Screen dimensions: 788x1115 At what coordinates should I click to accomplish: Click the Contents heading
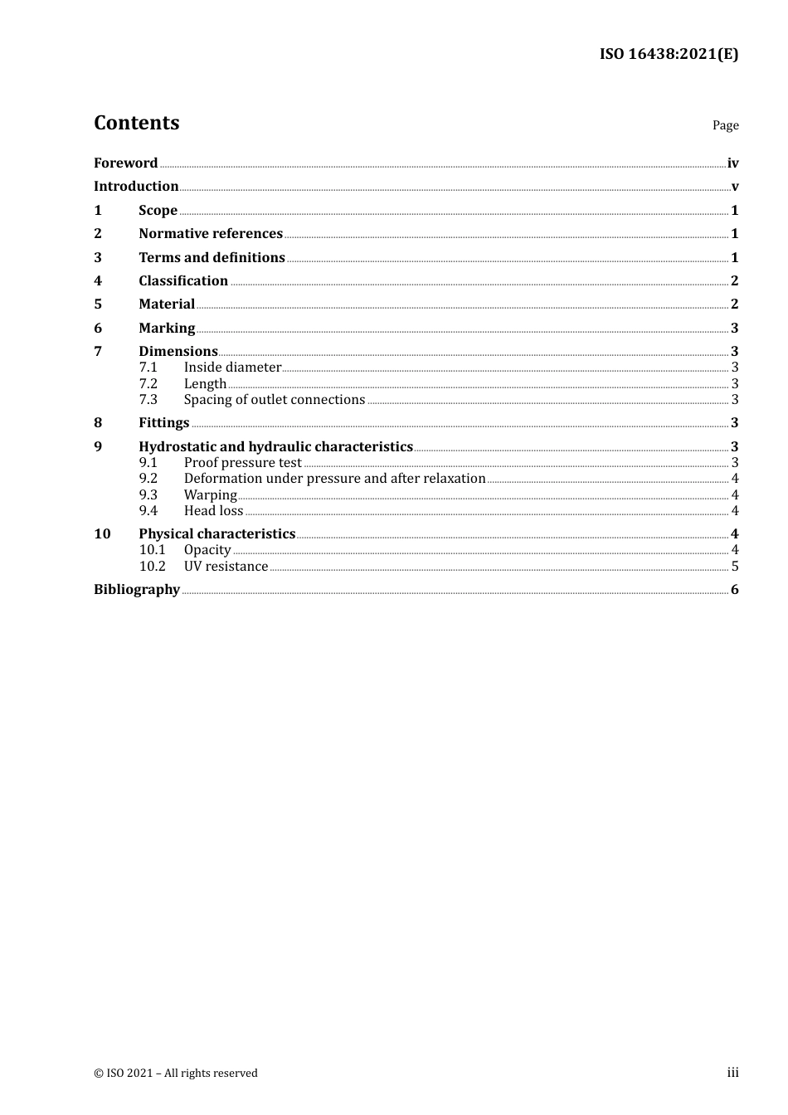(136, 123)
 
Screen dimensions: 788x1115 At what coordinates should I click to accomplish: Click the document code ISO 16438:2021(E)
(669, 55)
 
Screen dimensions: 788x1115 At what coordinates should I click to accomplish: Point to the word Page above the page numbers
(725, 125)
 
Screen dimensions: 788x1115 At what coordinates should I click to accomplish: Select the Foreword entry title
(125, 163)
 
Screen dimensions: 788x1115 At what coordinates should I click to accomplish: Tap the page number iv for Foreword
(732, 163)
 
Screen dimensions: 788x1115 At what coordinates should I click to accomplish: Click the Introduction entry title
(136, 187)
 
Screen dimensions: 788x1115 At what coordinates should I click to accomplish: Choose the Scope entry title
(158, 211)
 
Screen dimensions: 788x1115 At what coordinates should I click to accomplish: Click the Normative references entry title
(211, 234)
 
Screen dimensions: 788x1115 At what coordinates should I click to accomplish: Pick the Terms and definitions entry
(212, 258)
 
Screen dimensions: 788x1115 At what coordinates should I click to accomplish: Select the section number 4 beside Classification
(98, 281)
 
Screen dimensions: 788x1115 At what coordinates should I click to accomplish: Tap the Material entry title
(167, 304)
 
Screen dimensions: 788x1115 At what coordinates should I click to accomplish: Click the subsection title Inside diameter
(232, 368)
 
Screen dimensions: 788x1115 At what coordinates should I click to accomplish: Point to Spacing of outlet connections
(274, 400)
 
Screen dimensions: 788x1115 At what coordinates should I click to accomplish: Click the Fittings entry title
(163, 423)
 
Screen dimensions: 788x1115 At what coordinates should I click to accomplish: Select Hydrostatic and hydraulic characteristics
(275, 447)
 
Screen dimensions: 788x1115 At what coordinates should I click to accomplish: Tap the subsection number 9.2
(148, 479)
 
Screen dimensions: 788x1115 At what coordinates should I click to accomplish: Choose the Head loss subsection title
(213, 511)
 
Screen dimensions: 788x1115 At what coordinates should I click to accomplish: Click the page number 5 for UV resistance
(735, 567)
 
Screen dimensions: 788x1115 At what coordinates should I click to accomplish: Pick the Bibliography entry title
(137, 590)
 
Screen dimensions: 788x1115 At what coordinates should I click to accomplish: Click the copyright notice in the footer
(176, 1074)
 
